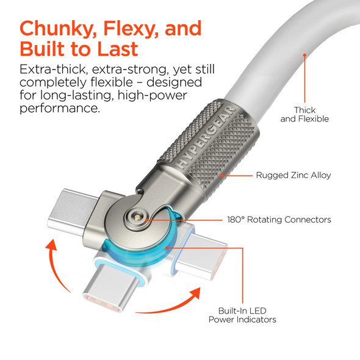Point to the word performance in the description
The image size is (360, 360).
[x=60, y=109]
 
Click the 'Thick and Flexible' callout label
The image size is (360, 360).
[x=304, y=114]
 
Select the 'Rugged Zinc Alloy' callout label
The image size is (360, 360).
[x=293, y=176]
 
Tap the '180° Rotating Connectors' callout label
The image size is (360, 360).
[x=279, y=220]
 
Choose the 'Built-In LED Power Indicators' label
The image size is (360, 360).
[x=242, y=314]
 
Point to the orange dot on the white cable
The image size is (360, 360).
[x=304, y=56]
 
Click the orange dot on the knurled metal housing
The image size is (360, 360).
[x=222, y=176]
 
